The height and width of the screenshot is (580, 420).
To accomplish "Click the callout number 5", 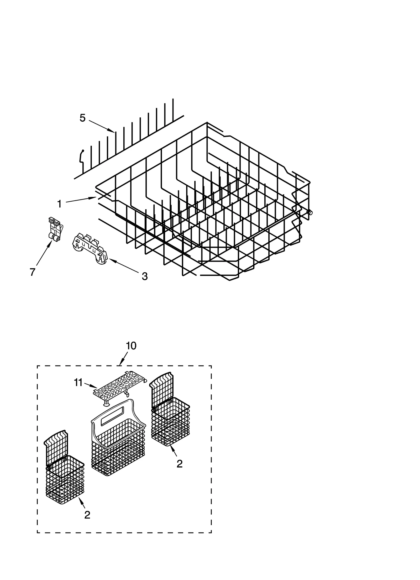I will (82, 118).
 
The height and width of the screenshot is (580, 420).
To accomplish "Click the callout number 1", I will (60, 204).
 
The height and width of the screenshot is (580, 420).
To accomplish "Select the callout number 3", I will (144, 276).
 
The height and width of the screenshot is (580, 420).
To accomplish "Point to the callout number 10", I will (131, 346).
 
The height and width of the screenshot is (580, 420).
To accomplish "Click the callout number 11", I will (78, 383).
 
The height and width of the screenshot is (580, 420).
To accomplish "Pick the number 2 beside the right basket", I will (179, 464).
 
